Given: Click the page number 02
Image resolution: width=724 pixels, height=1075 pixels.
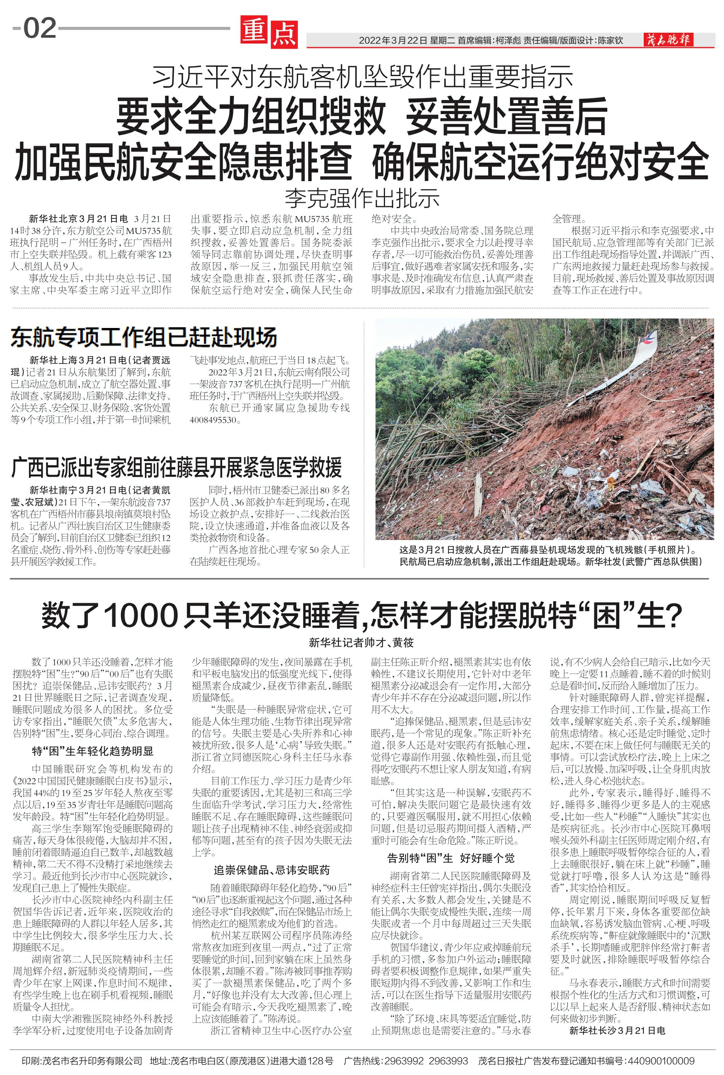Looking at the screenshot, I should [x=40, y=29].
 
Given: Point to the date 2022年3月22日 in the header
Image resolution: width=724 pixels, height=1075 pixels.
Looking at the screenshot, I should [x=393, y=41].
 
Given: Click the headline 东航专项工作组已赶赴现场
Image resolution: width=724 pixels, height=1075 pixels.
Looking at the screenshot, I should [x=144, y=338].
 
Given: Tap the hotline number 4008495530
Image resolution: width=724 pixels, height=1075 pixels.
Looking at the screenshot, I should [x=213, y=420].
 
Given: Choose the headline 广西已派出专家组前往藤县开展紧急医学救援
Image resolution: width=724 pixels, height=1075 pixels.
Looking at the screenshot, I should [x=177, y=468].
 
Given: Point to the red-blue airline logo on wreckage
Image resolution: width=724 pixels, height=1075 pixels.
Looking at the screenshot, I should [x=651, y=337].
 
